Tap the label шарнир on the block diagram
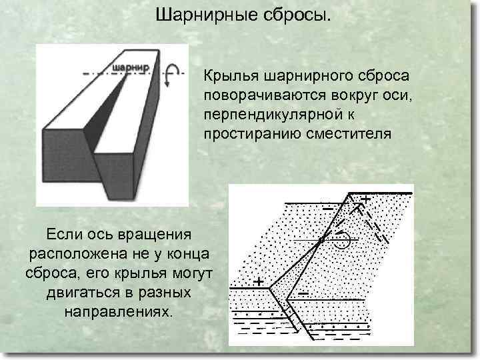(x=131, y=67)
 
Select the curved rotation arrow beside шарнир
(x=173, y=73)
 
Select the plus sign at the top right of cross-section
(x=366, y=199)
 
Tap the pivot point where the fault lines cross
(x=322, y=238)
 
